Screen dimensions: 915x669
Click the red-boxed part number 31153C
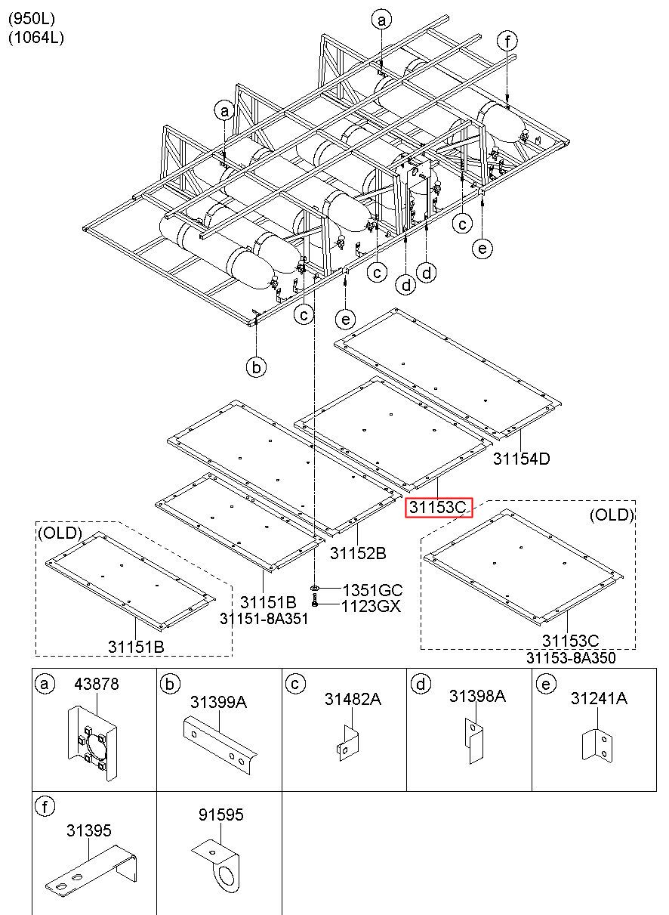pos(439,508)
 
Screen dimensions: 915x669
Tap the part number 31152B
pos(357,554)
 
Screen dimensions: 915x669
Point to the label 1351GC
pos(372,590)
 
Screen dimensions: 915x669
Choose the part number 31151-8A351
pos(264,619)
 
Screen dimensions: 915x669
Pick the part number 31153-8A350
pos(571,657)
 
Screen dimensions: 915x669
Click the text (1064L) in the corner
pos(36,38)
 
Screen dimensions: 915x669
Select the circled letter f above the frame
pos(508,41)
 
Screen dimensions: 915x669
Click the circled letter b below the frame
pos(257,367)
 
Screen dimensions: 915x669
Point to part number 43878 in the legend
pos(96,685)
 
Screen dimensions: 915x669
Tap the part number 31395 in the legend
pos(88,830)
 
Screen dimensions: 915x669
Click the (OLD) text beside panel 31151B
pos(58,533)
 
